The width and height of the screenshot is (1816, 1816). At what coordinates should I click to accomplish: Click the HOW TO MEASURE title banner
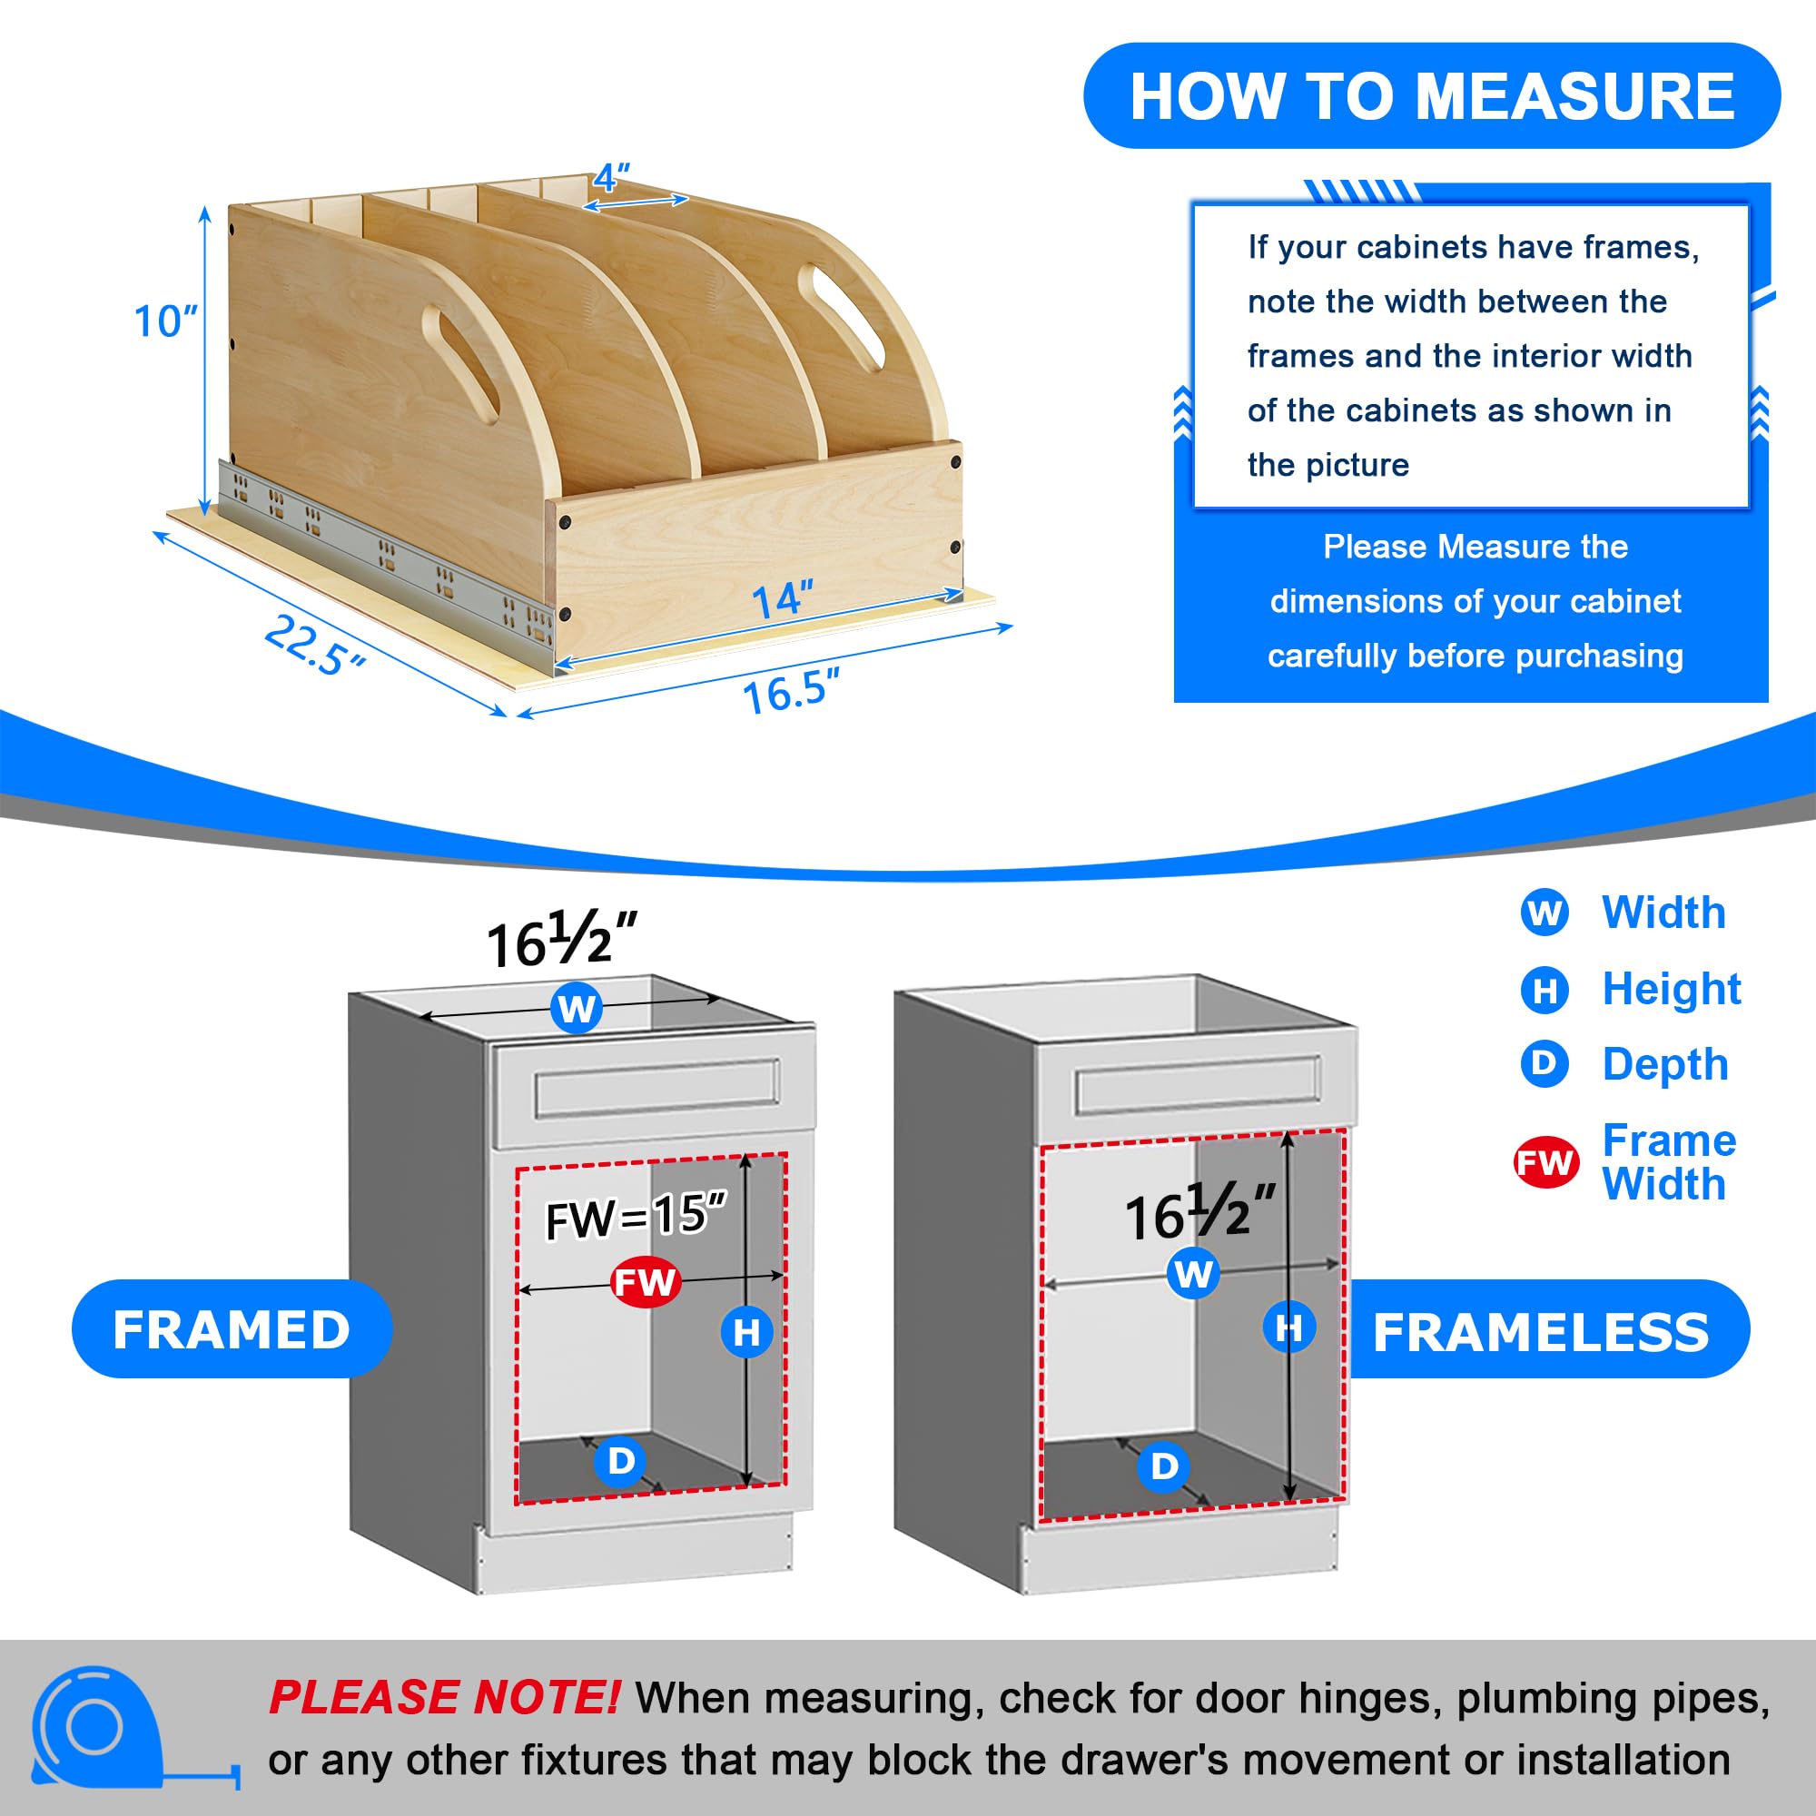click(x=1432, y=96)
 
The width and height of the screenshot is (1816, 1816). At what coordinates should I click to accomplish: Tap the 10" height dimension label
click(x=165, y=321)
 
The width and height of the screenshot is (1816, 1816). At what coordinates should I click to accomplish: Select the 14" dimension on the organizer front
click(x=782, y=598)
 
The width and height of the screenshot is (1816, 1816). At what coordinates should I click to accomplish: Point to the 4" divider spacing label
click(x=611, y=177)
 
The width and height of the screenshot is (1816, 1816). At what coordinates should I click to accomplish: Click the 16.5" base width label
click(x=791, y=691)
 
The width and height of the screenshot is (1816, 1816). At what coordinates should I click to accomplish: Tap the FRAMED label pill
click(x=232, y=1329)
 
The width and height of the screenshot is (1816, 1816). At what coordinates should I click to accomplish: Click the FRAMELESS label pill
click(x=1542, y=1329)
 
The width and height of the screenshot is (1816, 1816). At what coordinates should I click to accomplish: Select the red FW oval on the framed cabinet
click(x=646, y=1282)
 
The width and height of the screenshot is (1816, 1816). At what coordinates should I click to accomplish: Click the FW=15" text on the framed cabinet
click(x=637, y=1217)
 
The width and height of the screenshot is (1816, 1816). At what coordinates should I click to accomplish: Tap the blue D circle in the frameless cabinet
click(x=1164, y=1466)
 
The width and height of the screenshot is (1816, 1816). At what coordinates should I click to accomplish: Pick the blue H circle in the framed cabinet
click(x=746, y=1332)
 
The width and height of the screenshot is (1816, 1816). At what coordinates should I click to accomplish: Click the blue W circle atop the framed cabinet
click(x=577, y=1009)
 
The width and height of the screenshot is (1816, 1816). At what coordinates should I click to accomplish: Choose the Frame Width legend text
click(x=1668, y=1162)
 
